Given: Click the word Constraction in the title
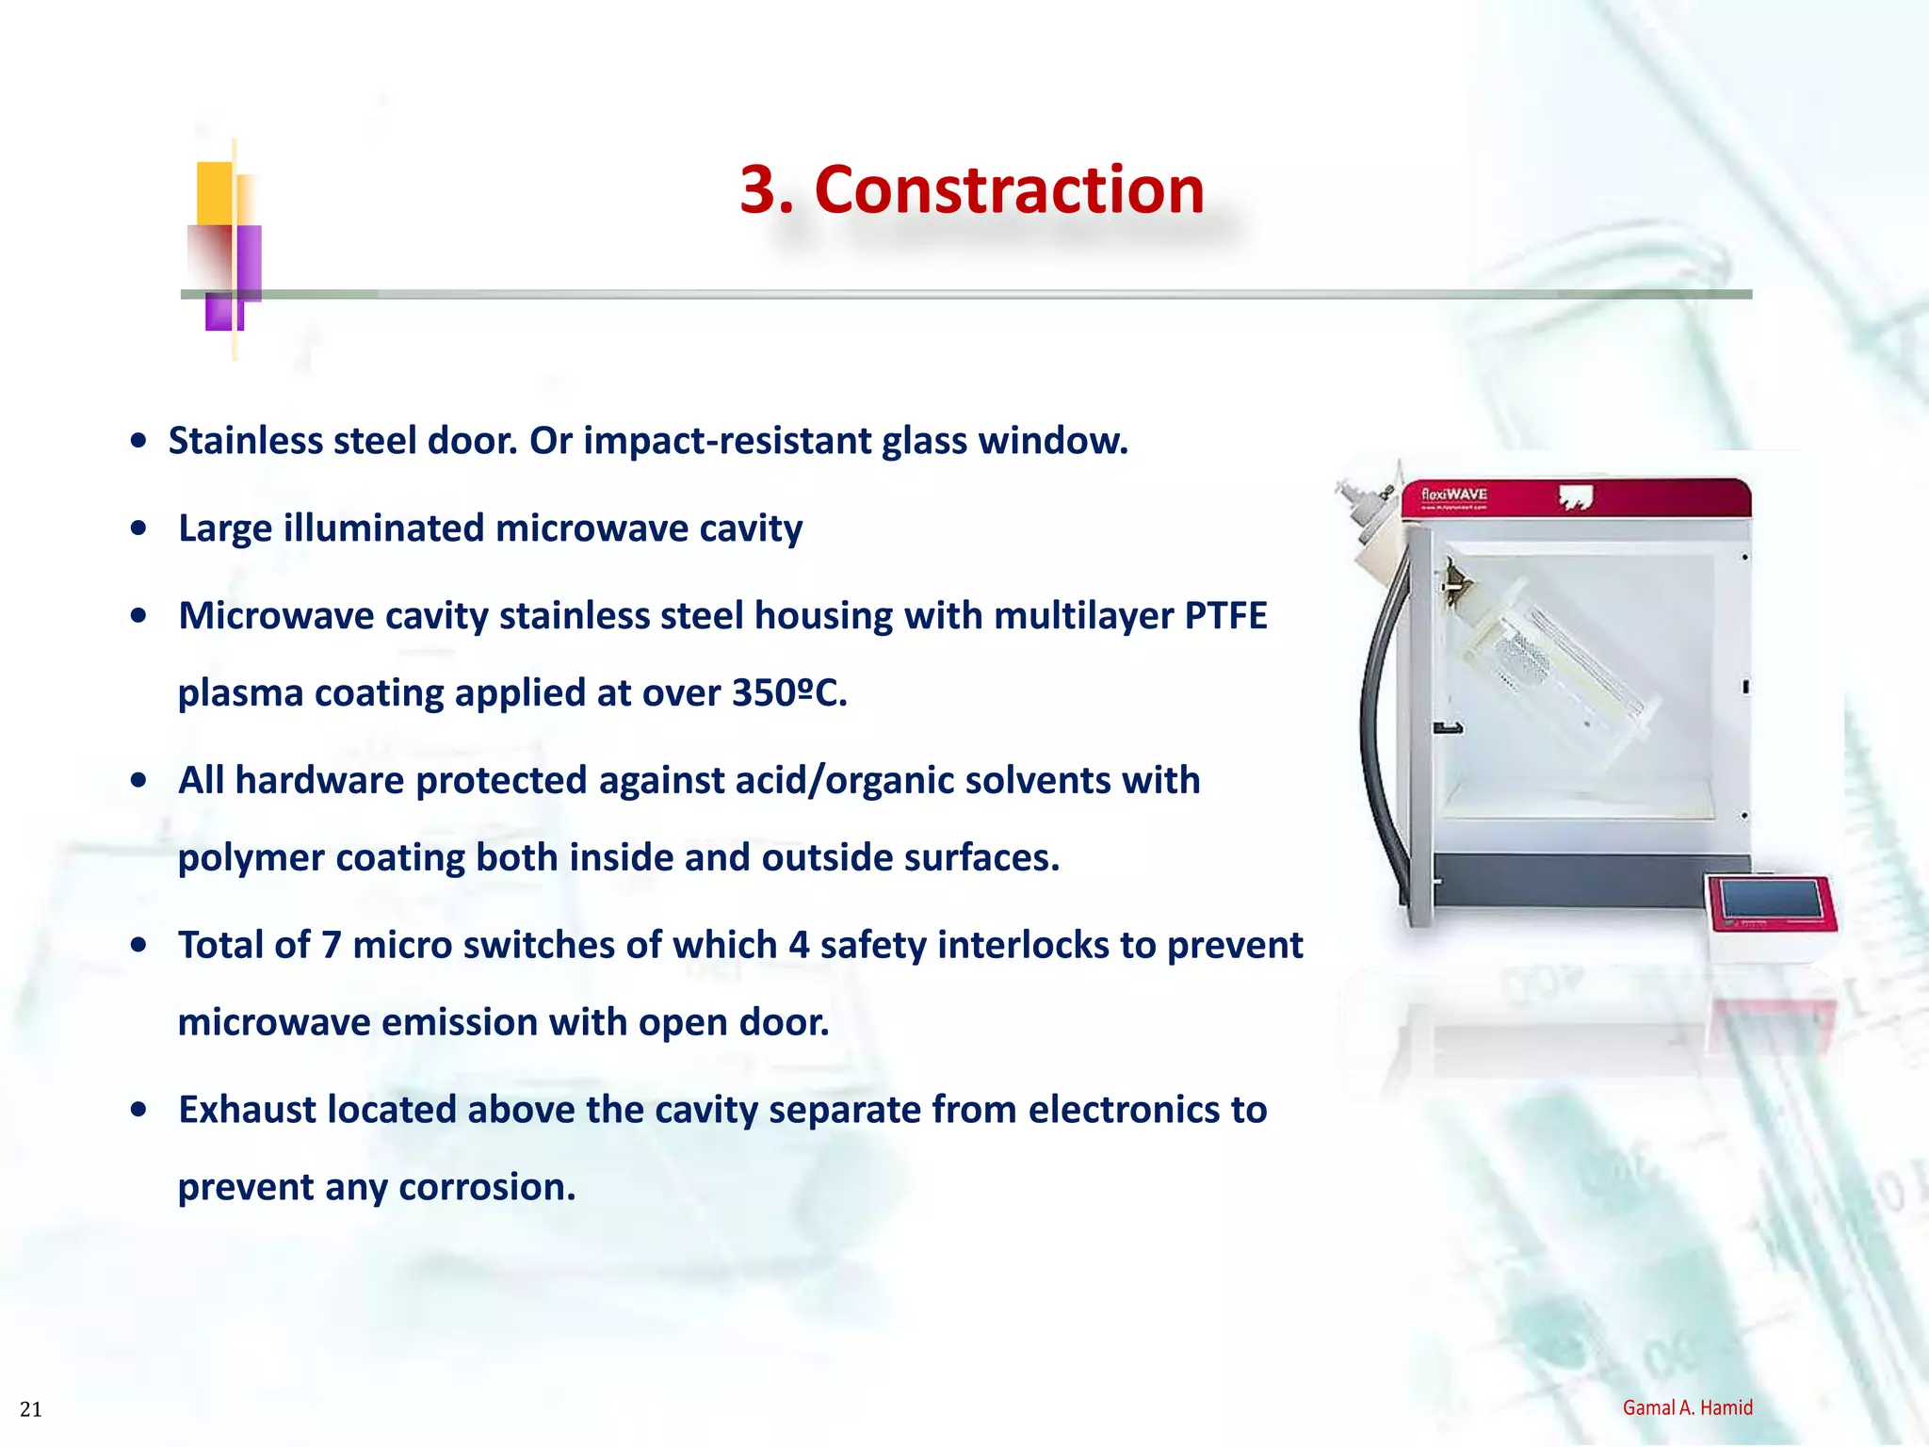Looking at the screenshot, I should click(1009, 190).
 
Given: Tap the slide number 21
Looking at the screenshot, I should click(30, 1409).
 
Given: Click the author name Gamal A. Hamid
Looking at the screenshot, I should click(1687, 1407).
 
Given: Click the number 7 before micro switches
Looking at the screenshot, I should click(331, 945).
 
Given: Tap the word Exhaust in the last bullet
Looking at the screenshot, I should click(247, 1110).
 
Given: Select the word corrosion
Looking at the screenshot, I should click(487, 1187).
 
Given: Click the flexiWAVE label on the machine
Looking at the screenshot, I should click(1453, 495).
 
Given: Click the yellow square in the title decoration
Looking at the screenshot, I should click(215, 192).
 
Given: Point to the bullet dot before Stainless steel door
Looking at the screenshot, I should click(138, 440).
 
